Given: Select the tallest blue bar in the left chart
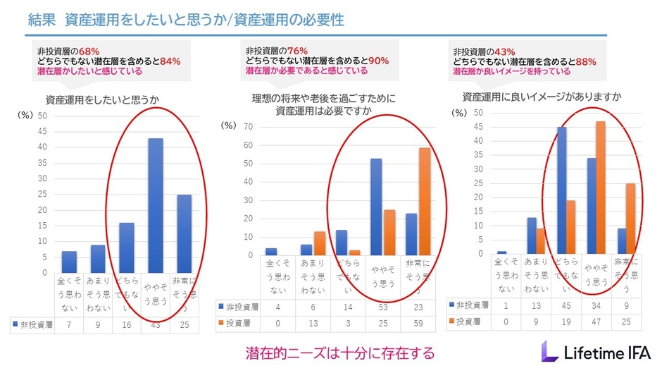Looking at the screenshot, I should [155, 204].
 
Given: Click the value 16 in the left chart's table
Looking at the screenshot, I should [127, 325].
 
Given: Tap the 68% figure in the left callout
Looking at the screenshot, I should [88, 51].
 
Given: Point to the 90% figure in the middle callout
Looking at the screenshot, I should [377, 61].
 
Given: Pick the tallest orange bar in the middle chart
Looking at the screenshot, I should [425, 201].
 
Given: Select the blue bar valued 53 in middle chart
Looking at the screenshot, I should [376, 207].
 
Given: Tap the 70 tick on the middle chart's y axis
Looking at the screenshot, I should [247, 127].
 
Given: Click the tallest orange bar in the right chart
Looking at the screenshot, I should [601, 187].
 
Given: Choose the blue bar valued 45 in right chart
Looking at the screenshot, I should [561, 190].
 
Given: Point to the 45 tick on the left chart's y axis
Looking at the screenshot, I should [42, 131].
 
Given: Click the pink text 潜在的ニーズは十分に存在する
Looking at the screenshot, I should [340, 352].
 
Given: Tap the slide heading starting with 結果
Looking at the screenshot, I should [187, 19].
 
